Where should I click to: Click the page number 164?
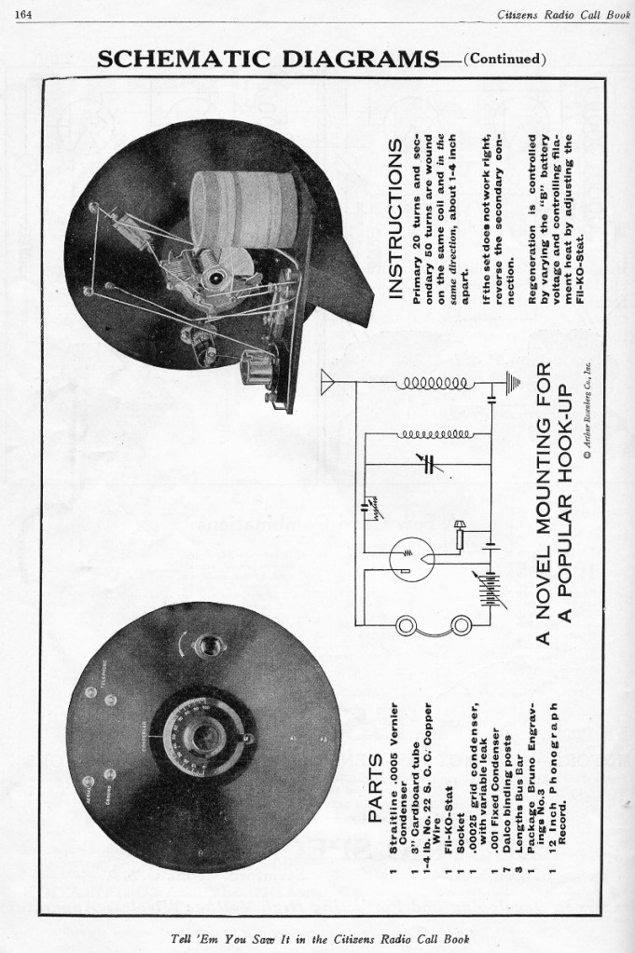pyautogui.click(x=25, y=9)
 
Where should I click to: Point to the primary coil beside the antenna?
pyautogui.click(x=432, y=383)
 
